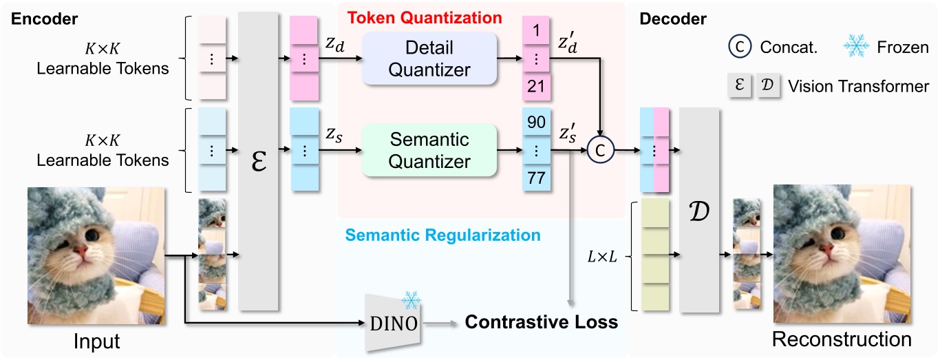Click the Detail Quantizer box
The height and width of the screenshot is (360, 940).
click(430, 59)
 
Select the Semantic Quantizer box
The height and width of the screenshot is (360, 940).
click(430, 150)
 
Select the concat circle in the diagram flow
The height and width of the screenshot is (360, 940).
click(601, 149)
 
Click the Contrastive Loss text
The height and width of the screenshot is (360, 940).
click(542, 321)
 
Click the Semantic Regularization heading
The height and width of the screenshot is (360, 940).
click(442, 235)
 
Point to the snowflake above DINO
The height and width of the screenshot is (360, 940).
click(412, 300)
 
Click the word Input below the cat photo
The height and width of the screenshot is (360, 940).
click(96, 341)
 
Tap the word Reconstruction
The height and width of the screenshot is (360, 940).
click(842, 339)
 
